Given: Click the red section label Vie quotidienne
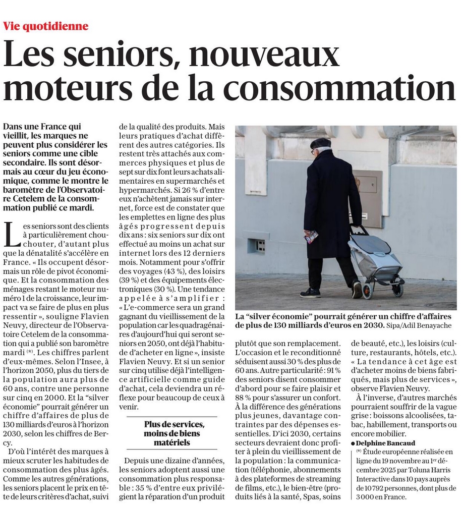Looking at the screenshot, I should [45, 26].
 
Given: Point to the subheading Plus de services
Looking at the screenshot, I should [175, 424].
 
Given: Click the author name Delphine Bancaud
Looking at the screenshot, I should [382, 442].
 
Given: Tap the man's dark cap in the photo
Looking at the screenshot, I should [320, 143].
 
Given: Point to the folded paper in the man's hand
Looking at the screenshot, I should [311, 236].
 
